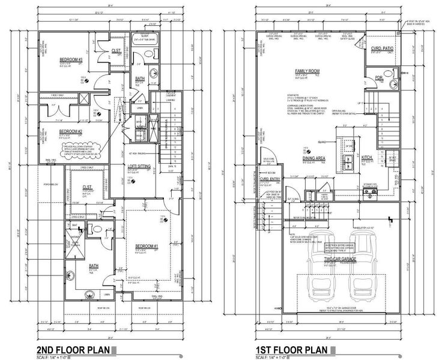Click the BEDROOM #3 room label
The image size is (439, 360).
(71, 60)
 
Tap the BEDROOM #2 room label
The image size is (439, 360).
(70, 130)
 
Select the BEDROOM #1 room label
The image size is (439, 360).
(146, 247)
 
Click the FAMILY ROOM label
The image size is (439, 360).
(306, 71)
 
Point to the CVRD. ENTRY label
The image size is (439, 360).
(271, 178)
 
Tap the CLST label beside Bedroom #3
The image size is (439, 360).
(116, 51)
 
